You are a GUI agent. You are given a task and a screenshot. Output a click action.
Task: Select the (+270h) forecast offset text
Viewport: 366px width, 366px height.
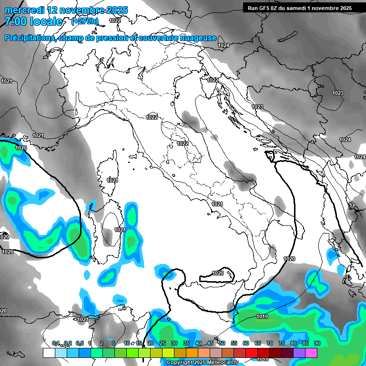pos(84,21)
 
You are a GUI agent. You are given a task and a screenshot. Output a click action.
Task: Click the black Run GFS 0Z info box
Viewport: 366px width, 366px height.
pos(299,8)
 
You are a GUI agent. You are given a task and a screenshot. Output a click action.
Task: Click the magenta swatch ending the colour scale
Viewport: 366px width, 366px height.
pos(311,353)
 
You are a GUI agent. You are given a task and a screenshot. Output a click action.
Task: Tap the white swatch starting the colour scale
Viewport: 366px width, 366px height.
pos(49,353)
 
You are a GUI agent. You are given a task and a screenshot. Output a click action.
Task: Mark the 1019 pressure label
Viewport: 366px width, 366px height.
pos(262,316)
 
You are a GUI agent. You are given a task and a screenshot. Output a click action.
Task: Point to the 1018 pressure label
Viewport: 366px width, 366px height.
pos(263,359)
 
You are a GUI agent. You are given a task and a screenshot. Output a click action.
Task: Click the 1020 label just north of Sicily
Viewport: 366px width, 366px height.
pos(217,273)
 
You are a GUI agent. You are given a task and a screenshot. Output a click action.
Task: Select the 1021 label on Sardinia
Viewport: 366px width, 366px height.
pos(119,230)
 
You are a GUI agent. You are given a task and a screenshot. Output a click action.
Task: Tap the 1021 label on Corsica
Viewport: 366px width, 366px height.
pos(112,180)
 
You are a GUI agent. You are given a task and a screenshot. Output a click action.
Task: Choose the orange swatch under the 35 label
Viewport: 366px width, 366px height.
pos(192,353)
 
